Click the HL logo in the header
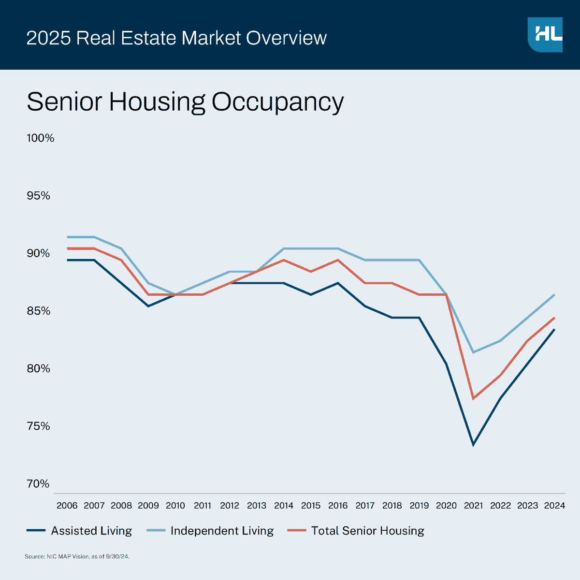545,35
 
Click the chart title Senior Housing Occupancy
185,102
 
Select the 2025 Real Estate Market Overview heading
176,38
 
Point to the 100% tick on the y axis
40,138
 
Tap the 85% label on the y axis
38,311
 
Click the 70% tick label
38,484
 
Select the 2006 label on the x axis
67,506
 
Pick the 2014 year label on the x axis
284,506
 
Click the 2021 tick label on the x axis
473,506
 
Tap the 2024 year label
554,506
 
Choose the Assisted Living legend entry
80,531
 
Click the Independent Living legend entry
210,531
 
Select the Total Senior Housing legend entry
356,531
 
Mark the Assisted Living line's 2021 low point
473,445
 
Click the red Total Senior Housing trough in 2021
473,398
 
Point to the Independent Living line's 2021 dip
473,352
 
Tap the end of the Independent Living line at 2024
554,295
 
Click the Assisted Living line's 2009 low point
148,306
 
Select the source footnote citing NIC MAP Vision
77,557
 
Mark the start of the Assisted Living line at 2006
67,260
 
